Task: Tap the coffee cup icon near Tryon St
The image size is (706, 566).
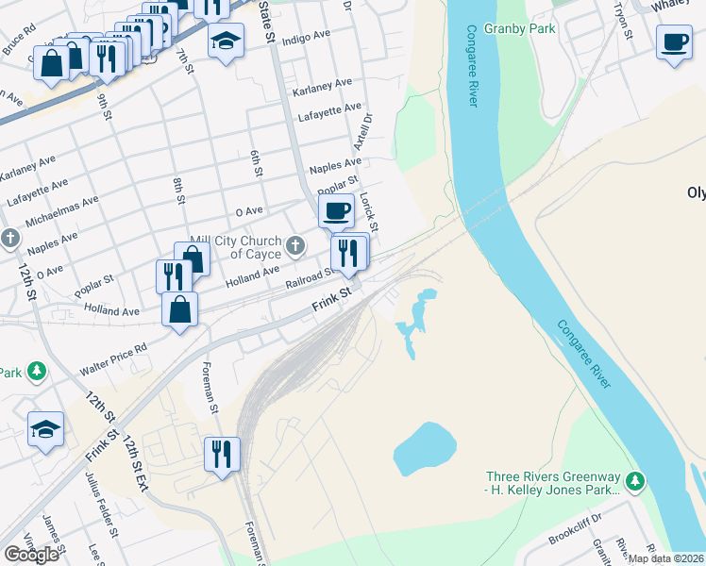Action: [674, 42]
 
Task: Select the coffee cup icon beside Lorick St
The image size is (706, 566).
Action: [336, 209]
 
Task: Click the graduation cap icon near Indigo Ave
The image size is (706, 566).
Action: [226, 41]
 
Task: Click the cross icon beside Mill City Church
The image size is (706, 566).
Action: [296, 247]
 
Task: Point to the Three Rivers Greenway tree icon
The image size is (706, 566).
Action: [636, 481]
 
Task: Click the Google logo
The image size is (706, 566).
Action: [31, 554]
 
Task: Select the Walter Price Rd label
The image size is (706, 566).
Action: [113, 353]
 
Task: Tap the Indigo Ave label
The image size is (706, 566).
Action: [306, 39]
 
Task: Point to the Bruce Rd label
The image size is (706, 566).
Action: [19, 44]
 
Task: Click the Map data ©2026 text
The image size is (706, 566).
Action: [664, 558]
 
